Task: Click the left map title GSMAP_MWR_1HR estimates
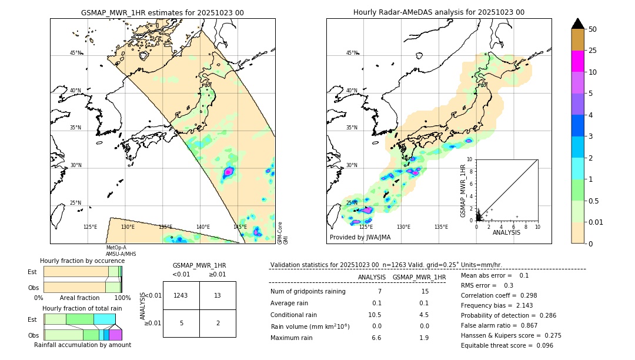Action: pos(162,12)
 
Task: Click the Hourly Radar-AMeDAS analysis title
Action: pos(439,12)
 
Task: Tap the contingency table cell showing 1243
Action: pos(181,295)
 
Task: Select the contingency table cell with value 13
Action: pos(218,295)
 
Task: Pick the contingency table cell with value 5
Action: pos(181,322)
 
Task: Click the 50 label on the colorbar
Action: pos(593,29)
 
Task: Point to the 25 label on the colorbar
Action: pos(593,51)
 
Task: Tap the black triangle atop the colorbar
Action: pos(578,24)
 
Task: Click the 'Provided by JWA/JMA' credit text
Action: pos(360,238)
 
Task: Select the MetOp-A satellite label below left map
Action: pos(116,248)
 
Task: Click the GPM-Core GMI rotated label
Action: pos(282,232)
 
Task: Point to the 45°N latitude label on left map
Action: pos(76,53)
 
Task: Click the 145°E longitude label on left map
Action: pos(240,227)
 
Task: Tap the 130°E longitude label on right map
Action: pos(403,227)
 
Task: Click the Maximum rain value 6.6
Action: pos(376,338)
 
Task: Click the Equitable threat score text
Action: pos(507,345)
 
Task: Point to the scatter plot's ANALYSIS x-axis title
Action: pos(506,232)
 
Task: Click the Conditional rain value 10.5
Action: pos(375,315)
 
